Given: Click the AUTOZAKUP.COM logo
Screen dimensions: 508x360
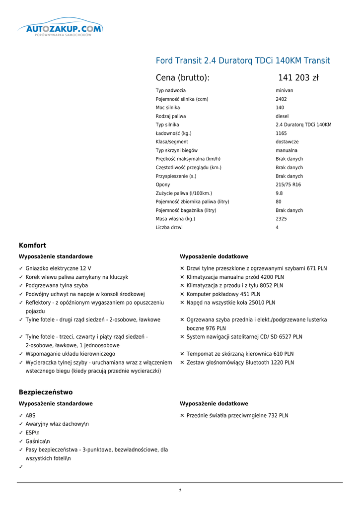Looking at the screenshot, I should pyautogui.click(x=61, y=29).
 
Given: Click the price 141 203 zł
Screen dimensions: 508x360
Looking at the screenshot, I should pyautogui.click(x=298, y=77).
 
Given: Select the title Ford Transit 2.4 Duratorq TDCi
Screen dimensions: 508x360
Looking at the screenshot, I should pyautogui.click(x=243, y=61).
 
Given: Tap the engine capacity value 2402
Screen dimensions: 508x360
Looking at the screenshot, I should pyautogui.click(x=281, y=99).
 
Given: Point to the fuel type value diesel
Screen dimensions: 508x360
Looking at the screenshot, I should pyautogui.click(x=282, y=116).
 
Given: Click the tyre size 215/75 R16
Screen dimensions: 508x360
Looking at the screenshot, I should pyautogui.click(x=288, y=185).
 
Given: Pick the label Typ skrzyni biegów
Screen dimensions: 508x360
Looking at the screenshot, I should pyautogui.click(x=177, y=150).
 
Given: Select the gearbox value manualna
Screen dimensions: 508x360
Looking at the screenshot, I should pyautogui.click(x=287, y=150).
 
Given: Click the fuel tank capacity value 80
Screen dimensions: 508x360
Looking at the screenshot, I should pyautogui.click(x=279, y=202).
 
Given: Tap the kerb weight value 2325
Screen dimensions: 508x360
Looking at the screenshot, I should pyautogui.click(x=281, y=219).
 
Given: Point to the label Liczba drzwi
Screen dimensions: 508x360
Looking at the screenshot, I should pyautogui.click(x=169, y=228).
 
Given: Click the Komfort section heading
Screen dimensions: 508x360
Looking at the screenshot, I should pyautogui.click(x=32, y=245).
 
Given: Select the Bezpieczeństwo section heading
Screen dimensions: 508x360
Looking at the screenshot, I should pyautogui.click(x=46, y=392).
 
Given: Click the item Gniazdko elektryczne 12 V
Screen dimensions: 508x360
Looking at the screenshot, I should pyautogui.click(x=58, y=268).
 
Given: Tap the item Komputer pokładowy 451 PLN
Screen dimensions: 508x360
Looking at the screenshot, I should pyautogui.click(x=223, y=294).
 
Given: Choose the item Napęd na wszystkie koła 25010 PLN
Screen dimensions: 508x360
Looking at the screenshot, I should pyautogui.click(x=231, y=303).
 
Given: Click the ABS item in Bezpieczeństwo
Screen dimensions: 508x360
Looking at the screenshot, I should pyautogui.click(x=30, y=416).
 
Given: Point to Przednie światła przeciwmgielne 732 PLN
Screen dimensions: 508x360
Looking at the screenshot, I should pyautogui.click(x=237, y=416).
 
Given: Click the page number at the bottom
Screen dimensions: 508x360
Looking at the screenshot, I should pyautogui.click(x=180, y=491).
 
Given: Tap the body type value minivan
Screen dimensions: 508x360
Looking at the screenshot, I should pyautogui.click(x=285, y=91).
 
